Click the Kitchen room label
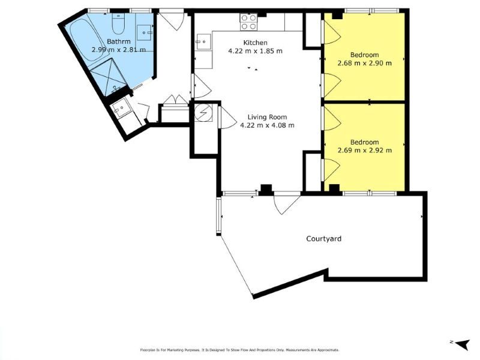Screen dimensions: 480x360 [255, 43]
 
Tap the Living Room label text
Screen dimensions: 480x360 [267, 117]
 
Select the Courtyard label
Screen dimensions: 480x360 [323, 238]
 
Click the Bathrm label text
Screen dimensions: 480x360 [119, 41]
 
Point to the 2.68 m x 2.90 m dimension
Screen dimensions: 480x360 [364, 64]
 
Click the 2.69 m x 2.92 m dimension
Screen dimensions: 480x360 [364, 151]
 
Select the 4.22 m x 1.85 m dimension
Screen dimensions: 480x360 [255, 51]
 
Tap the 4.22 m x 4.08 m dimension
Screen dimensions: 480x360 [267, 125]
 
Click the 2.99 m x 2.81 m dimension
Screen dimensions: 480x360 [119, 50]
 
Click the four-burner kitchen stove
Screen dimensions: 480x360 [248, 22]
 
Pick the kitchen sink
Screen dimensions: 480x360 [203, 42]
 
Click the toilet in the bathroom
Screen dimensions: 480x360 [117, 23]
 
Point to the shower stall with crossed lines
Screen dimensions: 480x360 [109, 77]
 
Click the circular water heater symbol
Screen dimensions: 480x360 [203, 113]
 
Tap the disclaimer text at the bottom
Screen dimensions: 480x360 [239, 350]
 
